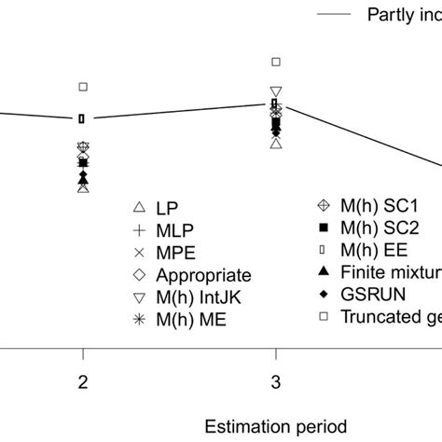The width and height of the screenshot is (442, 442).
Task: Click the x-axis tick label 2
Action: click(x=83, y=381)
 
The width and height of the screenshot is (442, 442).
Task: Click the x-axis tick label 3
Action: click(x=275, y=381)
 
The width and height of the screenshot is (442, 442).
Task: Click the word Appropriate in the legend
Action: click(x=203, y=275)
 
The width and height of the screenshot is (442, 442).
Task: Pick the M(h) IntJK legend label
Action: click(x=196, y=297)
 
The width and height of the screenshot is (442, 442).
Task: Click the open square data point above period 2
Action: click(x=83, y=87)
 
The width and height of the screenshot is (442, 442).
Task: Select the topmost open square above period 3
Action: click(x=275, y=62)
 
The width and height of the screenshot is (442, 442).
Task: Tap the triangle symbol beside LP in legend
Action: click(x=138, y=207)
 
